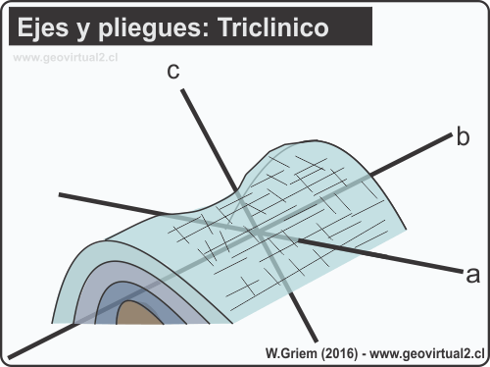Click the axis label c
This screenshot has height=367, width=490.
(172, 71)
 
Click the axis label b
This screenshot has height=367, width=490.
(463, 136)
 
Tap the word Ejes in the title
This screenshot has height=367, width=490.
(45, 29)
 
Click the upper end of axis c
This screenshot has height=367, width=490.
(183, 91)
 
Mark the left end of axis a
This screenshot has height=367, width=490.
(60, 195)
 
